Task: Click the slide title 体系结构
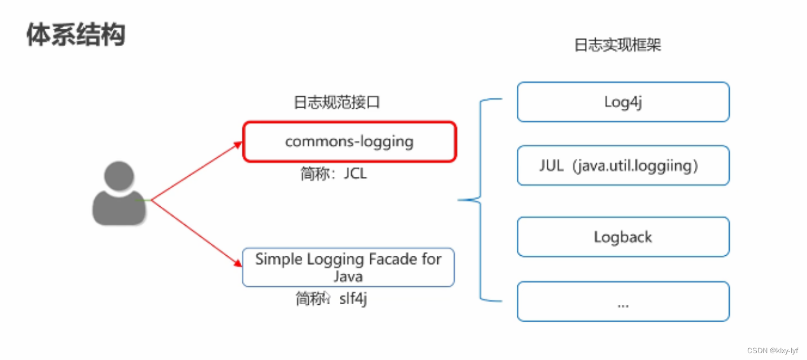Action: click(x=76, y=35)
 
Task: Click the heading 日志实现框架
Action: click(x=617, y=45)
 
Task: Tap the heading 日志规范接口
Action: click(x=337, y=103)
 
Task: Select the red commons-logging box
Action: click(x=349, y=141)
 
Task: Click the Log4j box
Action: click(x=623, y=102)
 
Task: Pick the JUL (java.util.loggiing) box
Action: click(x=623, y=166)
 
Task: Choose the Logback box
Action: click(x=623, y=237)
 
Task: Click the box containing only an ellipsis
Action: click(x=623, y=302)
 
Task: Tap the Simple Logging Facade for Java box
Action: click(x=348, y=267)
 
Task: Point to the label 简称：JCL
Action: click(x=334, y=174)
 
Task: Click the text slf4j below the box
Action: click(x=353, y=299)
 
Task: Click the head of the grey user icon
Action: click(x=119, y=176)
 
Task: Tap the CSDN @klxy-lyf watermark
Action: click(x=772, y=350)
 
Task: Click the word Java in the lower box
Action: click(x=348, y=277)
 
